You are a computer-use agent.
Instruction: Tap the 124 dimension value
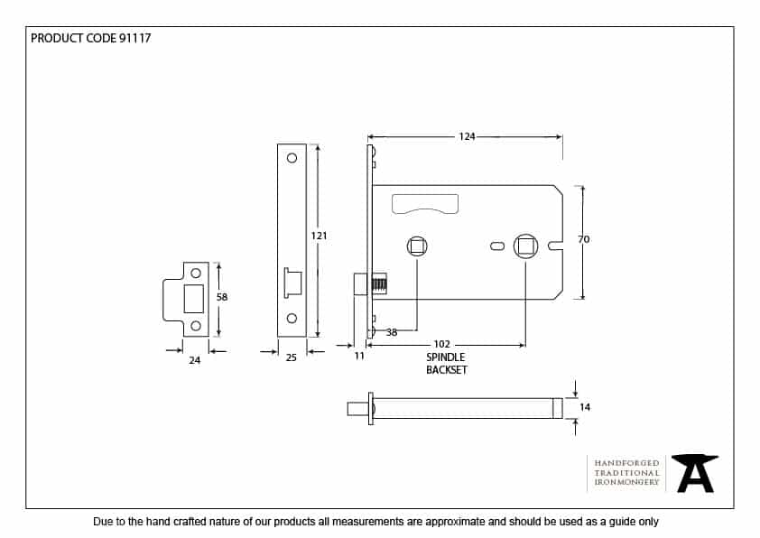467,137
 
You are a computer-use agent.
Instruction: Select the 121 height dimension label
319,236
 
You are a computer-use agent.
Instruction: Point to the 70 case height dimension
583,239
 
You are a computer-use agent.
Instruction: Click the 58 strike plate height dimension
222,296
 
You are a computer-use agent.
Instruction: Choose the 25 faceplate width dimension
291,358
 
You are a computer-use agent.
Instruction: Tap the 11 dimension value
359,357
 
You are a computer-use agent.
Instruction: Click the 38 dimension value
392,332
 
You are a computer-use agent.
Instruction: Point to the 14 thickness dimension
585,407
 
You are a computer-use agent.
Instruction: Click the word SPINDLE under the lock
446,357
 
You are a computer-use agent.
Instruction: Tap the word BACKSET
447,370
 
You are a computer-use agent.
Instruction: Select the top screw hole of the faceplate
292,158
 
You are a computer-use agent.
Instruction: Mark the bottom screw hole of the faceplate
292,318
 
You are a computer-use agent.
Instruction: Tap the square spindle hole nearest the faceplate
416,246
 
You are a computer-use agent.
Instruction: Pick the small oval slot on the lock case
496,246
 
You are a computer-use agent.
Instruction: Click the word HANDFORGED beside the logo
626,462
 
